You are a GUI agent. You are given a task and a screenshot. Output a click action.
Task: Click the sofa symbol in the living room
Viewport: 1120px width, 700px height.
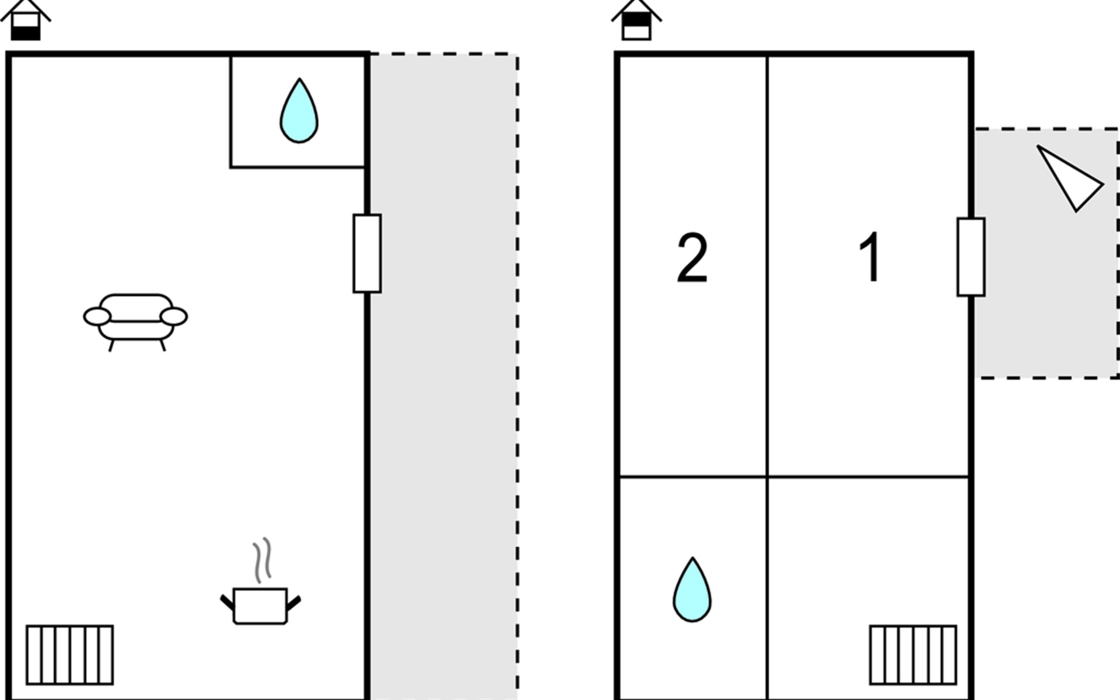[135, 318]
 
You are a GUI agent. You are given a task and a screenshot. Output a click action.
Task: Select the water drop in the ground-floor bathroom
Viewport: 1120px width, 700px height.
[299, 111]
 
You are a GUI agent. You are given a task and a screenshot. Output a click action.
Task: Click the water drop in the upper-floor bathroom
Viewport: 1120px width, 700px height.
[692, 590]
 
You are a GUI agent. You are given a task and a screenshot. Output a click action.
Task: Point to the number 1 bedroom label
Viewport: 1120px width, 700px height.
[870, 257]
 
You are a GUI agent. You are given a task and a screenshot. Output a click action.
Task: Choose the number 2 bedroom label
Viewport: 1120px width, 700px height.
[692, 258]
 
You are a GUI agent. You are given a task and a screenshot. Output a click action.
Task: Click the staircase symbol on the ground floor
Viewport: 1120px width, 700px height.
[70, 654]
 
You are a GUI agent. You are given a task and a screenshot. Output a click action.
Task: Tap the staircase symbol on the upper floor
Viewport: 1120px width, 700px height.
[913, 654]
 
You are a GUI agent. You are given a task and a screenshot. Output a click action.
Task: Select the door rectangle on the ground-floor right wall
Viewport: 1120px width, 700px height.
[367, 253]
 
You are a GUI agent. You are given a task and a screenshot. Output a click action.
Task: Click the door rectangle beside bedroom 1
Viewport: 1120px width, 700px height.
[971, 257]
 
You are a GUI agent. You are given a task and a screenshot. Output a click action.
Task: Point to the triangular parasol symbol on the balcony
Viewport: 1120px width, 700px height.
[1069, 178]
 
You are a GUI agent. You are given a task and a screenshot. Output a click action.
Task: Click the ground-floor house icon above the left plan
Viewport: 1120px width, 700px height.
[26, 20]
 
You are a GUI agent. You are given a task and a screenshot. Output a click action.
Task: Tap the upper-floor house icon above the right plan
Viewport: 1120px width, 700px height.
[636, 20]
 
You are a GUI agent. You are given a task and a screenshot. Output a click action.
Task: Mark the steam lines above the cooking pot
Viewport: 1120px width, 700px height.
[262, 560]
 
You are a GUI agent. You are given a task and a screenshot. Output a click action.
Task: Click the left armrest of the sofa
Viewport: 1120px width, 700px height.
[97, 317]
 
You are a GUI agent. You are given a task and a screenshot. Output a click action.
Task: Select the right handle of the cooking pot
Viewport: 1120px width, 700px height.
[293, 603]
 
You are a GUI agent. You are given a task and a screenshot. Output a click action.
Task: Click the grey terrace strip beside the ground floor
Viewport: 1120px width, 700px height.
[444, 377]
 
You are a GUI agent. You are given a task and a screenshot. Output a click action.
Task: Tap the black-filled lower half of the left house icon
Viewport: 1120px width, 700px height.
[26, 34]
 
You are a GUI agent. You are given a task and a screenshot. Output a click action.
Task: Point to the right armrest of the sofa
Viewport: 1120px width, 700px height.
[174, 317]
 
